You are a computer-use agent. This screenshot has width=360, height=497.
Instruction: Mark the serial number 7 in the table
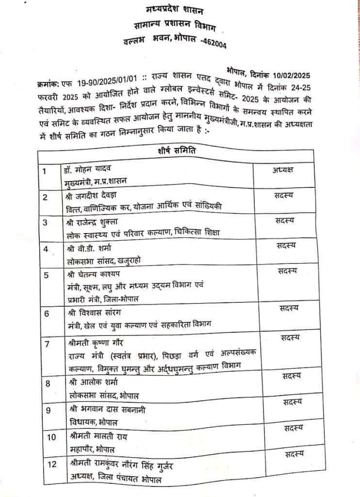pyautogui.click(x=47, y=345)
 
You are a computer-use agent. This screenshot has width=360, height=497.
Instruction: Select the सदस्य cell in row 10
pyautogui.click(x=292, y=428)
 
